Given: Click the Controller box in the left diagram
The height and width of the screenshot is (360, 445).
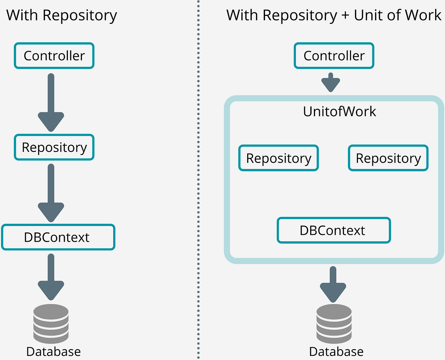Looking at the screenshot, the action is pyautogui.click(x=54, y=56).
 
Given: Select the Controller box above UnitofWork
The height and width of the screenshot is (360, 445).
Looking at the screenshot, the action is pyautogui.click(x=334, y=56).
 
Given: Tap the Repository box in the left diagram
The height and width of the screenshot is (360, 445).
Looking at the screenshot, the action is pyautogui.click(x=54, y=147).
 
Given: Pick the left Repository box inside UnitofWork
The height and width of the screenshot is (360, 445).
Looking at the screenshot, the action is pyautogui.click(x=278, y=158).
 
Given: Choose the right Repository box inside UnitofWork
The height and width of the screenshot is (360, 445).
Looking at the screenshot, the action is pyautogui.click(x=388, y=158).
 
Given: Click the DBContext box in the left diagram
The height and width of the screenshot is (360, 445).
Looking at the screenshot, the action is pyautogui.click(x=58, y=237).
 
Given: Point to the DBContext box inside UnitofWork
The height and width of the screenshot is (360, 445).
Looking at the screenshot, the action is pyautogui.click(x=334, y=230).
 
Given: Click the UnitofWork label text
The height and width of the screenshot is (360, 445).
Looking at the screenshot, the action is pyautogui.click(x=339, y=111).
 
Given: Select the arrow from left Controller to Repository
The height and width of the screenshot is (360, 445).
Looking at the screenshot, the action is pyautogui.click(x=51, y=103).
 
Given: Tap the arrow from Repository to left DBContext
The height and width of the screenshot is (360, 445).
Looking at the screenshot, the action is pyautogui.click(x=51, y=193).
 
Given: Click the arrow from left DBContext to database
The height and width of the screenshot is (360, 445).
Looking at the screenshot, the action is pyautogui.click(x=51, y=277).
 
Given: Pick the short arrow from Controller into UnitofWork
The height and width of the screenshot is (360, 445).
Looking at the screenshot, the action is pyautogui.click(x=330, y=82).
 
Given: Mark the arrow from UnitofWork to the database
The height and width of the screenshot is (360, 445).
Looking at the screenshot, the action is pyautogui.click(x=333, y=284).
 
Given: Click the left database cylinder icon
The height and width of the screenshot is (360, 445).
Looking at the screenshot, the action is pyautogui.click(x=51, y=324).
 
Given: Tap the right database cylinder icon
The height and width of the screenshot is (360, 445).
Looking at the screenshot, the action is pyautogui.click(x=334, y=324).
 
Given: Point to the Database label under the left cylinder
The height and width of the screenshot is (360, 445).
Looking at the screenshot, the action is pyautogui.click(x=53, y=352).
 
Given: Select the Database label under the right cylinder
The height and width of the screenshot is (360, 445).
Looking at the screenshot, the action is pyautogui.click(x=336, y=352).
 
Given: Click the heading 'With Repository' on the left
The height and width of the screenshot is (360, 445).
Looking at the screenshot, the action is pyautogui.click(x=62, y=16).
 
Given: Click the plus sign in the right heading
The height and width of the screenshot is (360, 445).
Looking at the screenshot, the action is pyautogui.click(x=345, y=16).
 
